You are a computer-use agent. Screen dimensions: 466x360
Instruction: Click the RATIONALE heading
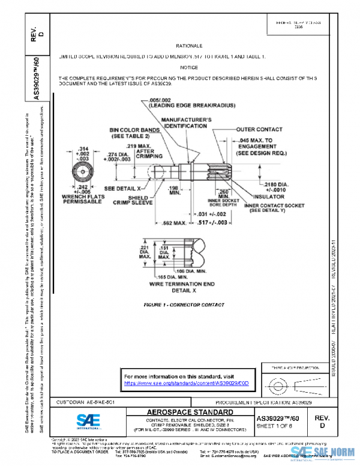(x=189, y=46)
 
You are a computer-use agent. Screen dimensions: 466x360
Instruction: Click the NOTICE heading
(x=189, y=68)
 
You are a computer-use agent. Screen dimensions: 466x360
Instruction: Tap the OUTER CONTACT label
(x=259, y=129)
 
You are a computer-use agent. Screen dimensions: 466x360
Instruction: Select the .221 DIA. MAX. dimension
(x=144, y=254)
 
